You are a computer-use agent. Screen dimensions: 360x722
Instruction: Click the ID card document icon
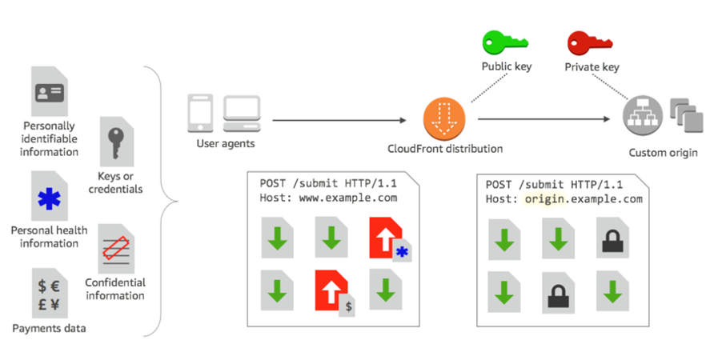tap(50, 92)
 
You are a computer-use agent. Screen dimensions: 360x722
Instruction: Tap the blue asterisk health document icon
tap(50, 196)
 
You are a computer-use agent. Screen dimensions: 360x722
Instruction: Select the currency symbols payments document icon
tap(50, 294)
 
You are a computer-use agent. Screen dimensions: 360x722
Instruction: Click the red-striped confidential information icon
tap(116, 248)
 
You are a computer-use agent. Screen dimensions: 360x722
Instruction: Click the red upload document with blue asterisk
tap(387, 237)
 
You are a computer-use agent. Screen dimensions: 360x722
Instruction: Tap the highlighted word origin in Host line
tap(542, 198)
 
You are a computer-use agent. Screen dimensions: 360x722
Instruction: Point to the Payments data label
tap(49, 328)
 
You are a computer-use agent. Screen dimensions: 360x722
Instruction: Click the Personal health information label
tap(50, 237)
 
